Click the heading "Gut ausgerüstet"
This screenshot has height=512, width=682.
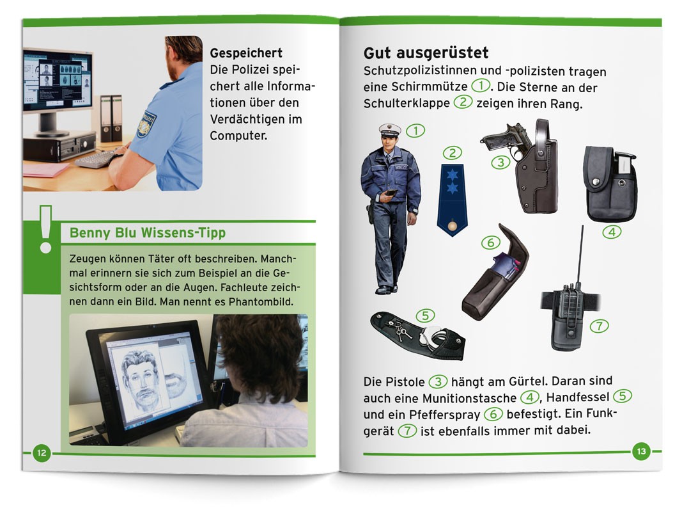pos(426,52)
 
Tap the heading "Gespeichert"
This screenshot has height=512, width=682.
pos(246,53)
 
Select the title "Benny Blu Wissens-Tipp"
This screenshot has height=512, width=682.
pos(148,232)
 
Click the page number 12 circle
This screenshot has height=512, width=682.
pos(42,452)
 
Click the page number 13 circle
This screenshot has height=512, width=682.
pos(641,451)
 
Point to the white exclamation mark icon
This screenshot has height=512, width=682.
pos(45,229)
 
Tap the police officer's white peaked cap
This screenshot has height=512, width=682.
pos(389,129)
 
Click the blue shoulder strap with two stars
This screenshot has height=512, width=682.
pos(453,200)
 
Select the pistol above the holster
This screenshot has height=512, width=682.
pos(506,139)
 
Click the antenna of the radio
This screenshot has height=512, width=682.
pos(580,257)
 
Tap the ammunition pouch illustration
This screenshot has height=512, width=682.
pos(610,184)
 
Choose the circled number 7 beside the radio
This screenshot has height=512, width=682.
pos(599,326)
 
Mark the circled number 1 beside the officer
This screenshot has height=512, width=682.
pos(415,131)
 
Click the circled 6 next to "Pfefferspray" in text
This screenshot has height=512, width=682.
pos(493,413)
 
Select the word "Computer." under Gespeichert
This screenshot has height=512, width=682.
pos(239,136)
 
